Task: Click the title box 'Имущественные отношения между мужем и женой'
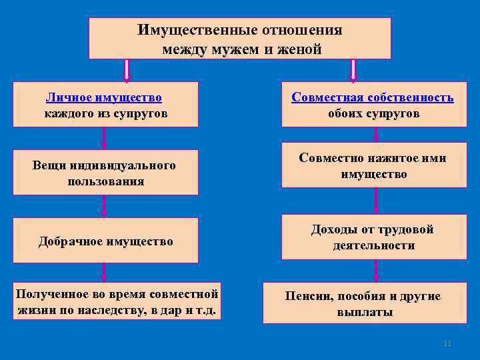coord(240,39)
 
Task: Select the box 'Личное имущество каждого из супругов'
coord(106,104)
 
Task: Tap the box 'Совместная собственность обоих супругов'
coord(374,104)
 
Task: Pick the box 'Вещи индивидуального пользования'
coord(106,173)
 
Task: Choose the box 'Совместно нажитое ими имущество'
coord(374,166)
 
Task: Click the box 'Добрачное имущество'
coord(106,241)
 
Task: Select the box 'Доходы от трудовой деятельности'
coord(374,237)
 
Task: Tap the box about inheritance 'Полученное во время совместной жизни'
coord(117,302)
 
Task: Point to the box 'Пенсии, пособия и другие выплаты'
coord(364,304)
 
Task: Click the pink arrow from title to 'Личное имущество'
coord(127,71)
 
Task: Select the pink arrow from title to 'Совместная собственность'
coord(353,71)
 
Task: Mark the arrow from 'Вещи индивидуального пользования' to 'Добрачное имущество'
coord(104,206)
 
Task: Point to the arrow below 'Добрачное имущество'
coord(104,273)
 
